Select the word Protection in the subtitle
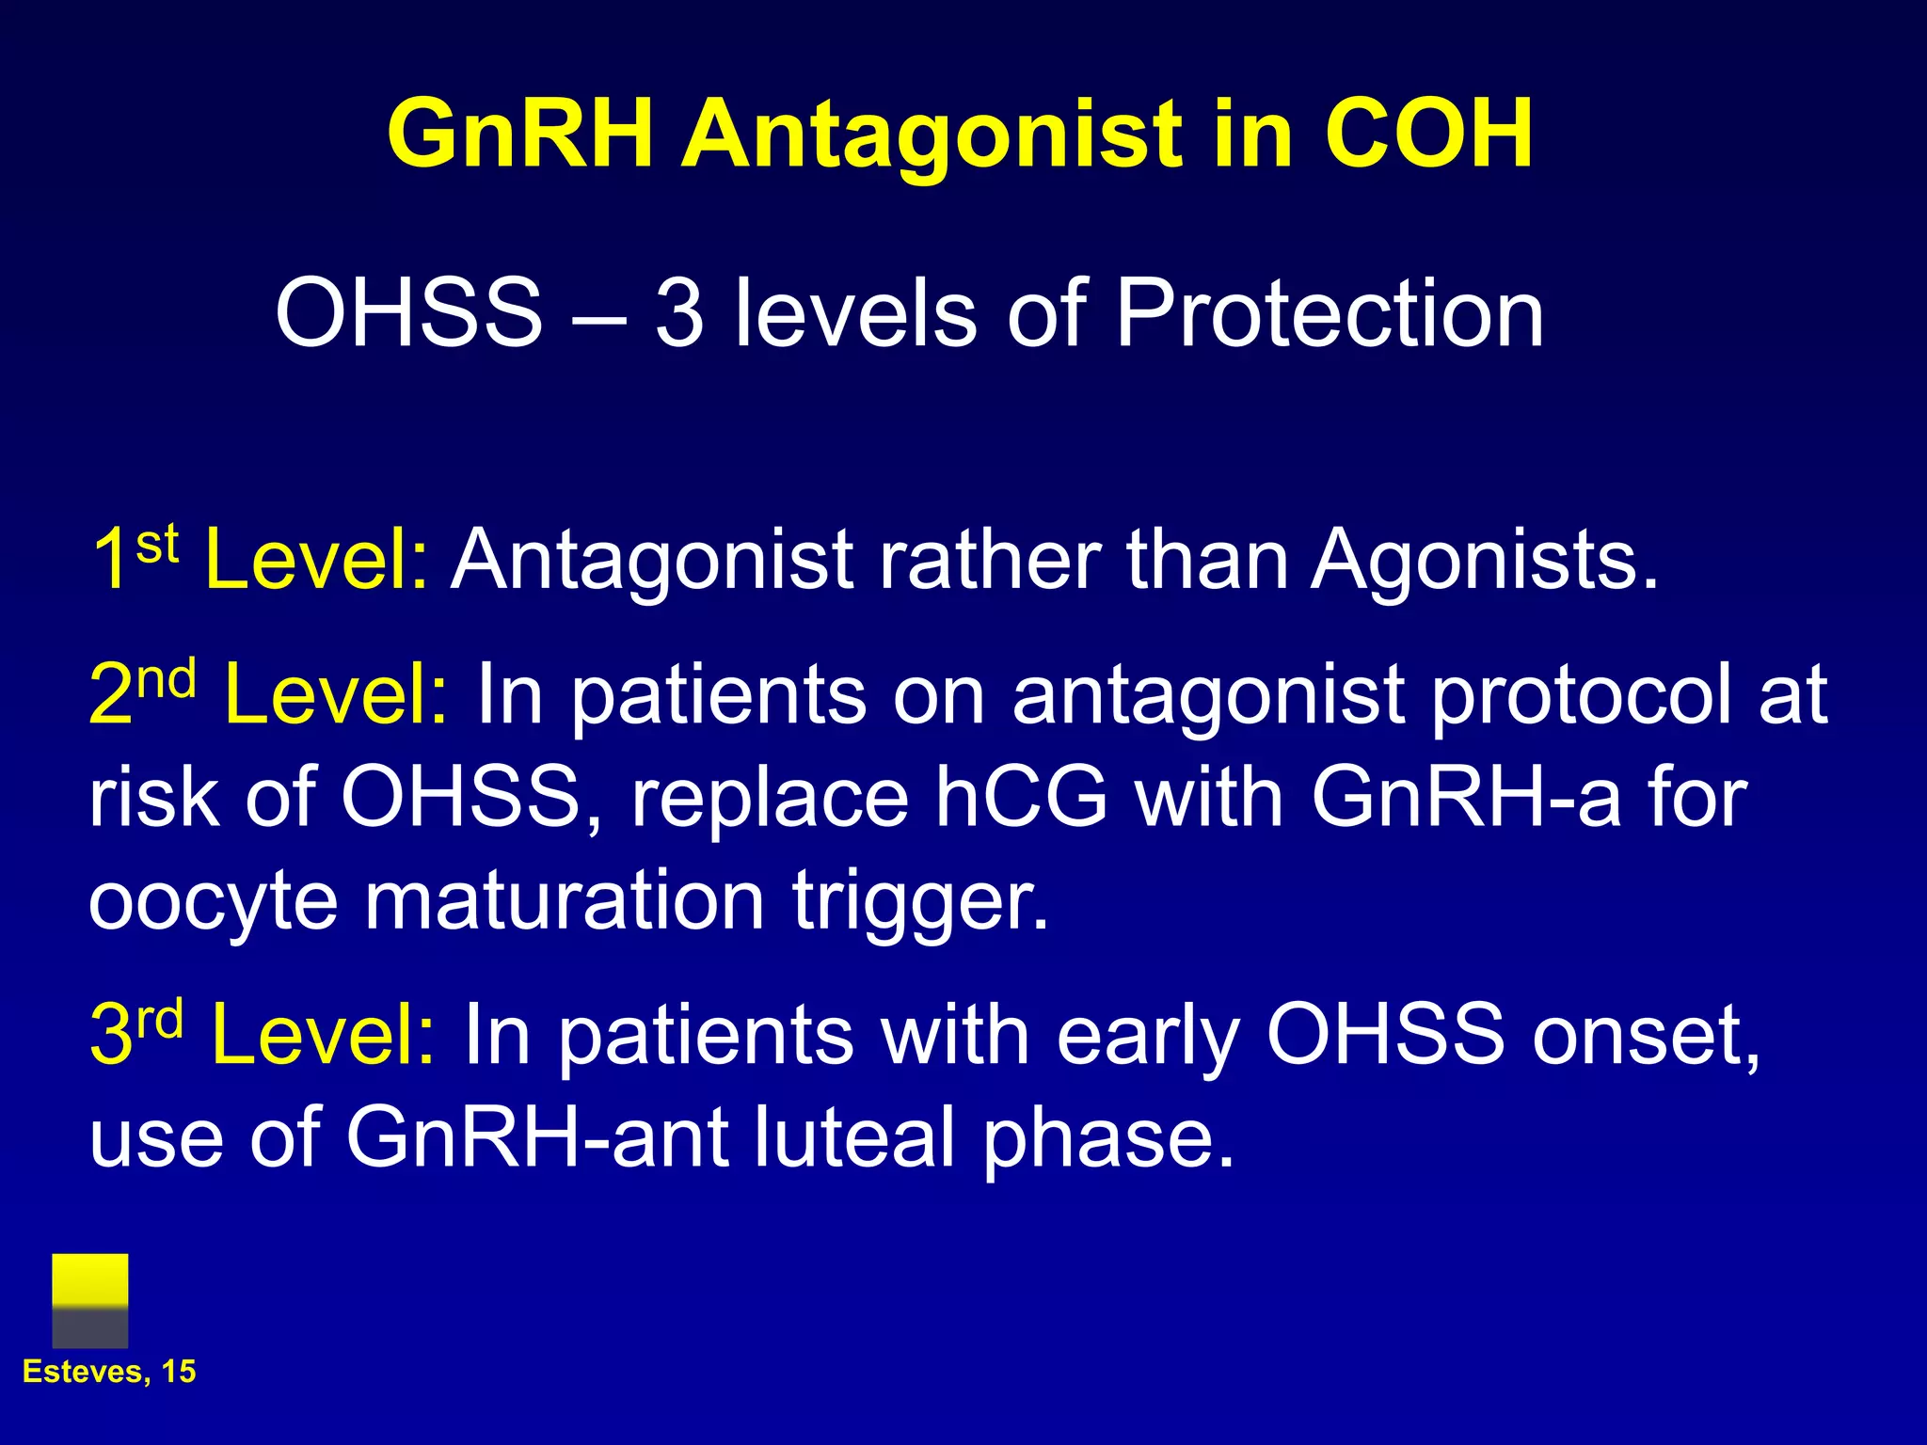point(1329,314)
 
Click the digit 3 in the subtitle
point(679,314)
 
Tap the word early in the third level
point(1147,1035)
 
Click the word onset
point(1646,1035)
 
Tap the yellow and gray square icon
point(90,1300)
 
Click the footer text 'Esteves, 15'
point(109,1372)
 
